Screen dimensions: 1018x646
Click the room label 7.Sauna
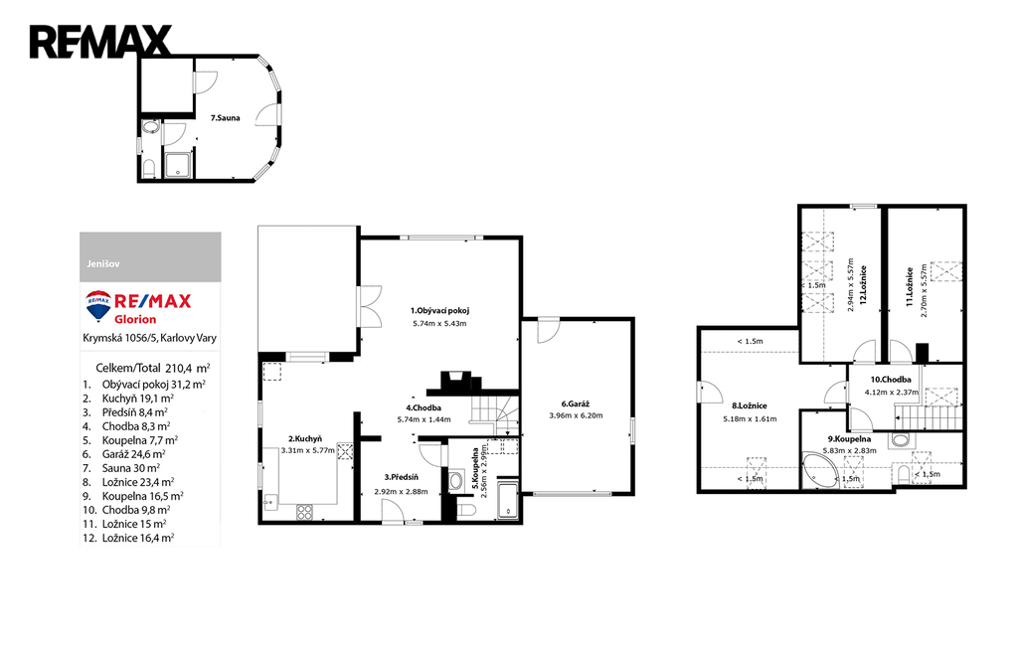(x=226, y=118)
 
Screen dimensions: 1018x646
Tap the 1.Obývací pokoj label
(x=439, y=310)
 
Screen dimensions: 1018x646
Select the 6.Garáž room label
(x=576, y=404)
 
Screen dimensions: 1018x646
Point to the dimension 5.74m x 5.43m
(x=439, y=323)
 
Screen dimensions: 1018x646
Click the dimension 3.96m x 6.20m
(x=576, y=415)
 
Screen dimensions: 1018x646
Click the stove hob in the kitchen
(x=305, y=512)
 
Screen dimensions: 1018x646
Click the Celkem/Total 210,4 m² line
(x=152, y=368)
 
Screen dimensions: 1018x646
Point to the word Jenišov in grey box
(x=103, y=264)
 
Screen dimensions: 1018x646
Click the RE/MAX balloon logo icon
(x=98, y=306)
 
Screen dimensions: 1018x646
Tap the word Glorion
(x=135, y=319)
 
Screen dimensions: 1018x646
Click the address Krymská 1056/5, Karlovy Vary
(x=149, y=338)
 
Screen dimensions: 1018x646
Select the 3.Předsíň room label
(x=401, y=478)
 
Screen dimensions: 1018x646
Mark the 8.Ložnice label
(x=750, y=405)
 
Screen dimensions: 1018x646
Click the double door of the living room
(x=370, y=306)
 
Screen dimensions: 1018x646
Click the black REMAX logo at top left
(x=100, y=42)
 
